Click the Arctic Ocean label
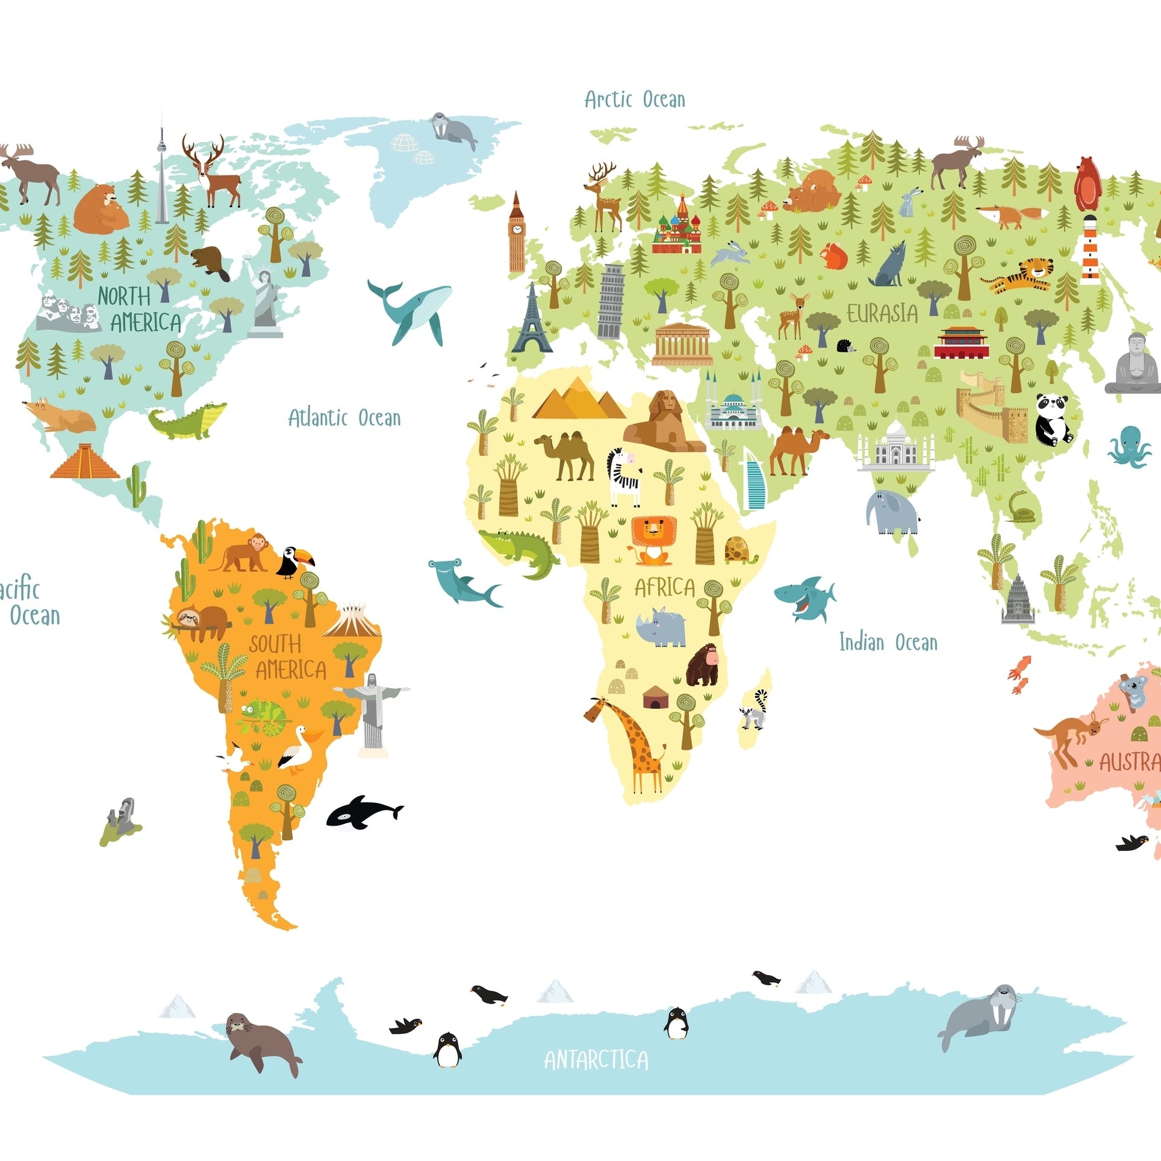click(635, 99)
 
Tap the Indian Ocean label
click(888, 643)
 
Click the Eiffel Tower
click(532, 322)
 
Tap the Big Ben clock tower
click(517, 235)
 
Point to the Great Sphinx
click(662, 422)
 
